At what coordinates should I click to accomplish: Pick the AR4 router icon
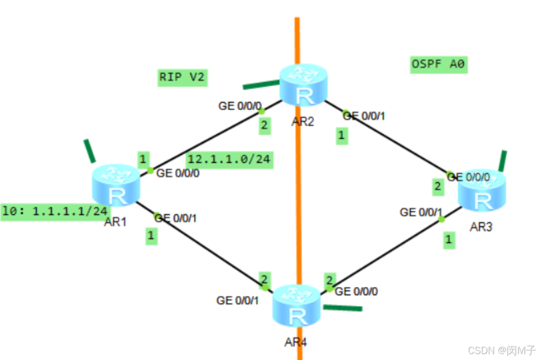[296, 307]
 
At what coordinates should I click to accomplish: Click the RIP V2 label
[182, 78]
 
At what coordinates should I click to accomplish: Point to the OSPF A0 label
[438, 65]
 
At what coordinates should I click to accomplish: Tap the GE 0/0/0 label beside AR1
[179, 174]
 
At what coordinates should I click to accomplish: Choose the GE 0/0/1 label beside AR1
[176, 218]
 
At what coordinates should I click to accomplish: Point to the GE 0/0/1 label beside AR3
[421, 212]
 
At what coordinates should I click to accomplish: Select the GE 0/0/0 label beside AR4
[356, 292]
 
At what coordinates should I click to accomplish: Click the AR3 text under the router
[481, 227]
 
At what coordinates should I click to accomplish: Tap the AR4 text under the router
[296, 342]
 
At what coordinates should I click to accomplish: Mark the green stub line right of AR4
[343, 308]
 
